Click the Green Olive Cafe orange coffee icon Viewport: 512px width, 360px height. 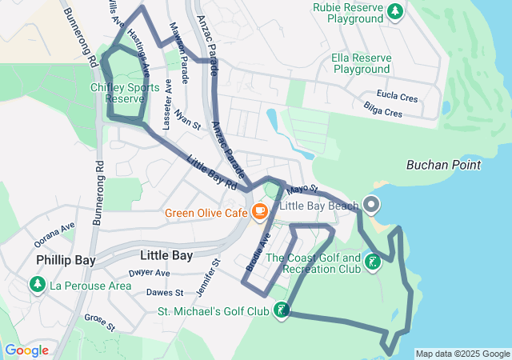tap(258, 212)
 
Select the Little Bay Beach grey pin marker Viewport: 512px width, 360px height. tap(371, 205)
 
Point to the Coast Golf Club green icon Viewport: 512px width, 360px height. tap(371, 262)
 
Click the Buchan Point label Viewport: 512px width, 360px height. tap(444, 166)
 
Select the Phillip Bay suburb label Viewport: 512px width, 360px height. tap(66, 261)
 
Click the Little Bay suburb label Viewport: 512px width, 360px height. tap(166, 256)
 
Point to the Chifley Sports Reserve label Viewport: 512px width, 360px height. tap(125, 93)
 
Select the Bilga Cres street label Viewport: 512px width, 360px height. tap(382, 113)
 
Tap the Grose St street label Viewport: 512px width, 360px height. tap(101, 322)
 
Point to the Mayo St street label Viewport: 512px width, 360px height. tap(302, 190)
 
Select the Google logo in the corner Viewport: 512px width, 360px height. tap(26, 350)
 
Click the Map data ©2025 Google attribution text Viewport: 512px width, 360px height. tap(462, 354)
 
